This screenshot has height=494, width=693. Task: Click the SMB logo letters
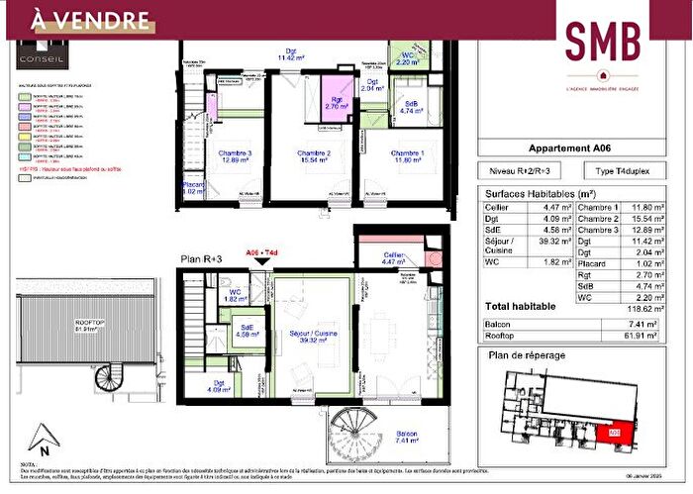pos(603,39)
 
